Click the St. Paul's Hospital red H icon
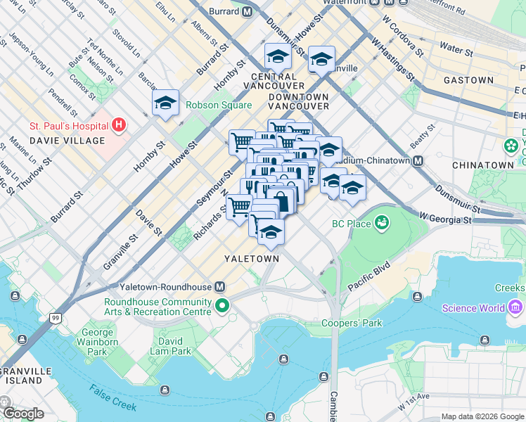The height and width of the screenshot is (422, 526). click(x=119, y=126)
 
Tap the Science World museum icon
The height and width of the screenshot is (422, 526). click(x=514, y=307)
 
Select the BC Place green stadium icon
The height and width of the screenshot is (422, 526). click(x=383, y=224)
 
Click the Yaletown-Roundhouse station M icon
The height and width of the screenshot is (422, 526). click(x=220, y=287)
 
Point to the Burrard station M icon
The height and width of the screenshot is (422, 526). click(x=246, y=12)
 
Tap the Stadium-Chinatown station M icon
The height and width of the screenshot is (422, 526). click(x=418, y=160)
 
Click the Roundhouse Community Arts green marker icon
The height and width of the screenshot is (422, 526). click(x=222, y=305)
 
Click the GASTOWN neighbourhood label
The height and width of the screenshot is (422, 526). click(x=468, y=80)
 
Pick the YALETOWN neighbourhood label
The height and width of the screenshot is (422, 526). click(x=251, y=259)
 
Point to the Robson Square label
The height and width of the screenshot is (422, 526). click(x=218, y=105)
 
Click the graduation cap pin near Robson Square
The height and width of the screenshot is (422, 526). click(x=165, y=104)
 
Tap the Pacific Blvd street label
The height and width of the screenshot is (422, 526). click(x=368, y=277)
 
